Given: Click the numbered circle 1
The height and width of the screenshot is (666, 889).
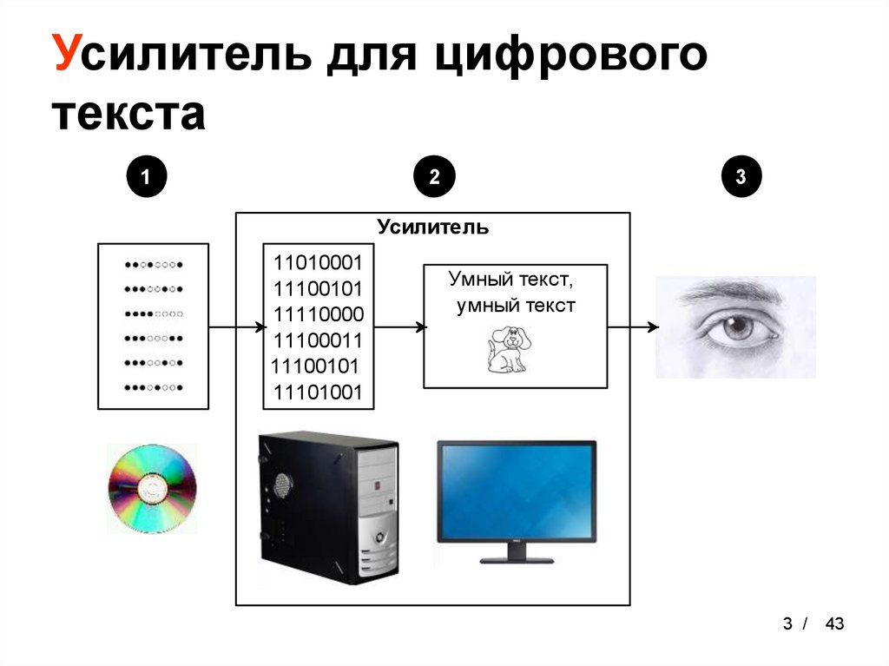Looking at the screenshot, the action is point(145,177).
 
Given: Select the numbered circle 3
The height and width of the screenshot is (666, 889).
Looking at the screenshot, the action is point(741,177).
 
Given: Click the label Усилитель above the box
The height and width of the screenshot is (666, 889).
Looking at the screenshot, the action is point(432,227).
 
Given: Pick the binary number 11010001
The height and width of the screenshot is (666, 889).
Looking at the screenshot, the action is point(318,262).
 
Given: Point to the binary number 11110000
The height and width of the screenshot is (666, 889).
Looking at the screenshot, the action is point(318,313).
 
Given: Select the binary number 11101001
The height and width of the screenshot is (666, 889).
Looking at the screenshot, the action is point(318,392).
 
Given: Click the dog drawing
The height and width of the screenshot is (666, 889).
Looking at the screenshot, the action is point(506,349).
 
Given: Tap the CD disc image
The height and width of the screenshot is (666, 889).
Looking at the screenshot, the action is point(152,489).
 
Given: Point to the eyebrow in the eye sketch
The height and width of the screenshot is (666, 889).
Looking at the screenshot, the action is point(729,293).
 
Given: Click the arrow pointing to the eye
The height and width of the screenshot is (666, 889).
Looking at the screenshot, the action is point(632,327).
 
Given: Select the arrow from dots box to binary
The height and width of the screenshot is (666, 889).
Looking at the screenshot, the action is point(236,327).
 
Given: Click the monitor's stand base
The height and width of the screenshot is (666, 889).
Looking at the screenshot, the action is point(517,559).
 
